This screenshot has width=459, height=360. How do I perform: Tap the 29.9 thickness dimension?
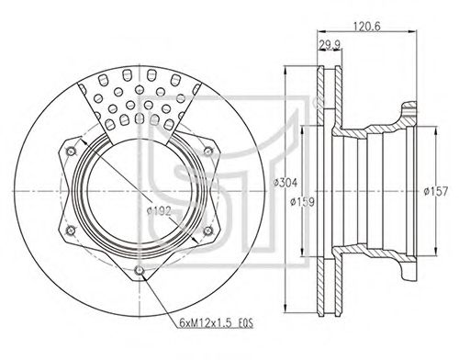pyautogui.click(x=330, y=44)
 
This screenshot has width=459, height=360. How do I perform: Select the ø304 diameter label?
pyautogui.click(x=285, y=183)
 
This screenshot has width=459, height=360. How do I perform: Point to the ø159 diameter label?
pyautogui.click(x=302, y=202)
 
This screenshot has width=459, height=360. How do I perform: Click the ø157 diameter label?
pyautogui.click(x=435, y=191)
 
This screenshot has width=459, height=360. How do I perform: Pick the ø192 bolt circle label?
pyautogui.click(x=159, y=211)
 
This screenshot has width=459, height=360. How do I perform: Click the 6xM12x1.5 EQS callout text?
pyautogui.click(x=217, y=323)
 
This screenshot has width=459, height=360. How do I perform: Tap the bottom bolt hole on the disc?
pyautogui.click(x=140, y=270)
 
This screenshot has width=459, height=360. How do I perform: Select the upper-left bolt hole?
pyautogui.click(x=72, y=151)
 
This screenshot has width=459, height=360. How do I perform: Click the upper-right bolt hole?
pyautogui.click(x=207, y=151)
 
